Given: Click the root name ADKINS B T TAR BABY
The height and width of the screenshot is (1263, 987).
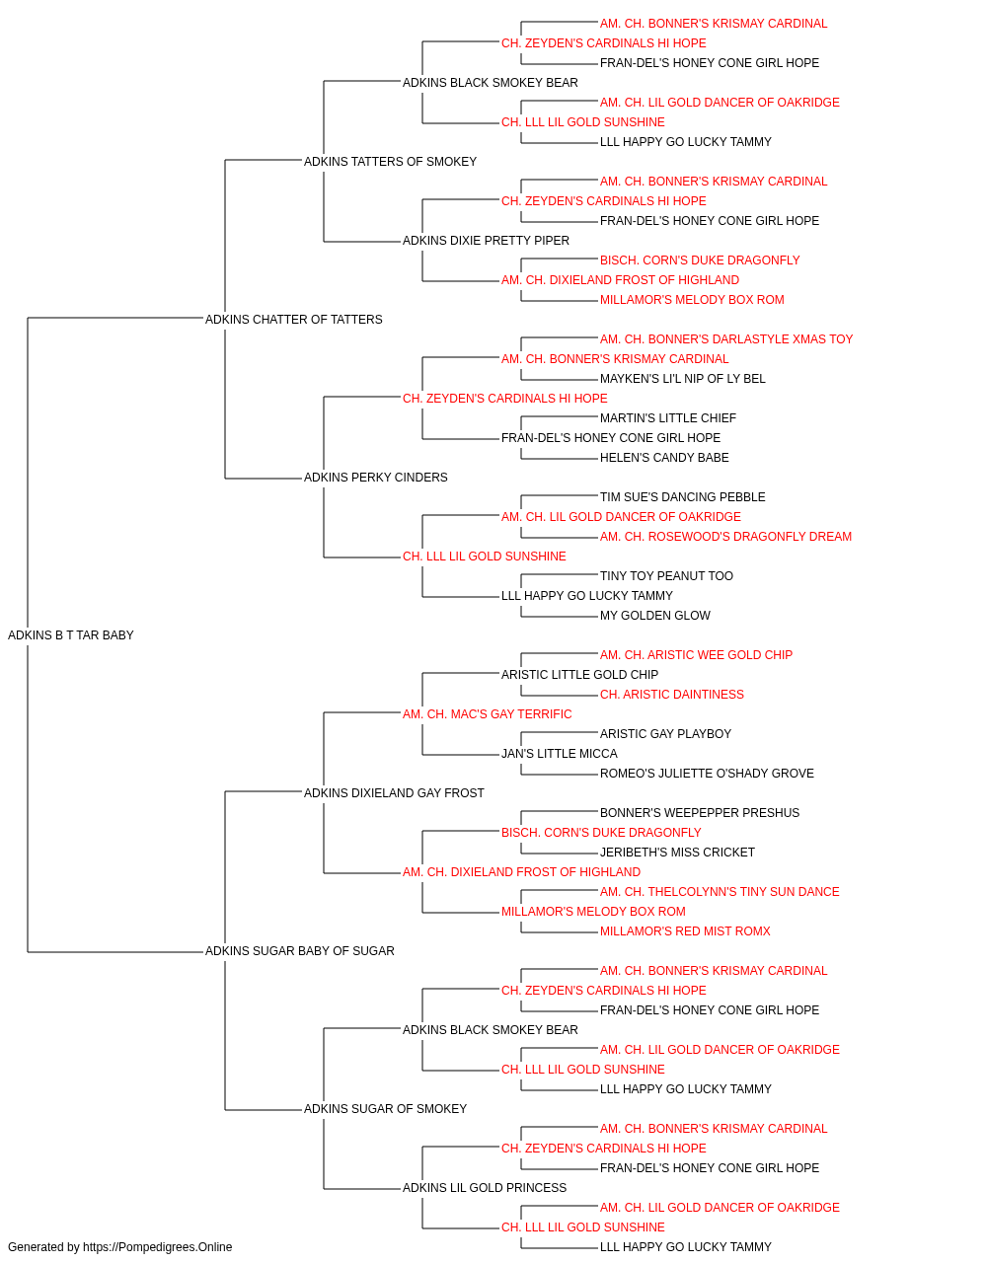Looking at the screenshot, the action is pyautogui.click(x=71, y=634).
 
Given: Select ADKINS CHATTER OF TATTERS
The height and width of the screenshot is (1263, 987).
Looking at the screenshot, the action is pyautogui.click(x=293, y=319).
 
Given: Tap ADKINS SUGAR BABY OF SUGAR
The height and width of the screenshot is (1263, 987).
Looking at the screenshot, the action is pyautogui.click(x=299, y=951).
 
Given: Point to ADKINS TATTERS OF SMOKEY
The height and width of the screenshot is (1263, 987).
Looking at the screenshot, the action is pyautogui.click(x=390, y=162).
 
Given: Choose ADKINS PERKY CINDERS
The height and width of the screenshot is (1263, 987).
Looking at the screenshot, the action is pyautogui.click(x=375, y=478).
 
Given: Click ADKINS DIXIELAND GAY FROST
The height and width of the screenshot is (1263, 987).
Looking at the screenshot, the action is pyautogui.click(x=394, y=792).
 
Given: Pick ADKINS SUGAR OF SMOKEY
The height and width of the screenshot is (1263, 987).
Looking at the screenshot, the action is pyautogui.click(x=385, y=1108).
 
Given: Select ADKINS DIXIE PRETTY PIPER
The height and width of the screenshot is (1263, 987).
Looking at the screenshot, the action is pyautogui.click(x=486, y=240).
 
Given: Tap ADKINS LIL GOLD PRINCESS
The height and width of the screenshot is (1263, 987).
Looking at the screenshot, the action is pyautogui.click(x=485, y=1187).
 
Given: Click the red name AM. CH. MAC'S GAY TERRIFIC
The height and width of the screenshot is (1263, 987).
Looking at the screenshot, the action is pyautogui.click(x=488, y=713).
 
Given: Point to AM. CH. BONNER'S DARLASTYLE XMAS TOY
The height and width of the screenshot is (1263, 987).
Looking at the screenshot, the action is pyautogui.click(x=726, y=338).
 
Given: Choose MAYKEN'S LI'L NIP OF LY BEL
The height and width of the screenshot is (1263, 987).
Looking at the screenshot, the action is pyautogui.click(x=682, y=378).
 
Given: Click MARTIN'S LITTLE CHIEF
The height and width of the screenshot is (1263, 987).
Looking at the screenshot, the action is pyautogui.click(x=668, y=418).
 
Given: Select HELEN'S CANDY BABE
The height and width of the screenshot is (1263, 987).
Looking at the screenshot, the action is pyautogui.click(x=664, y=458).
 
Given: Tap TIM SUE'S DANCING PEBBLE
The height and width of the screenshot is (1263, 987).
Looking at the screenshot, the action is pyautogui.click(x=682, y=497).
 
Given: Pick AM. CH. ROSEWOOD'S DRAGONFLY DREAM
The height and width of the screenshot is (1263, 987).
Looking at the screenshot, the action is pyautogui.click(x=725, y=537).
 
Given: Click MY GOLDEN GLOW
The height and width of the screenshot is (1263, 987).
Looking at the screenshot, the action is pyautogui.click(x=654, y=615).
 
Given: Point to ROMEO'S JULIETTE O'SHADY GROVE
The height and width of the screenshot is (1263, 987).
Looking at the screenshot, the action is pyautogui.click(x=707, y=773).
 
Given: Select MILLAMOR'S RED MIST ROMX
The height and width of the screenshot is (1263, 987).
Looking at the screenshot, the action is pyautogui.click(x=685, y=931).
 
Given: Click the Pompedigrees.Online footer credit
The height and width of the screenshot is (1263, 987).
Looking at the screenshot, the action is pyautogui.click(x=119, y=1247).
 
